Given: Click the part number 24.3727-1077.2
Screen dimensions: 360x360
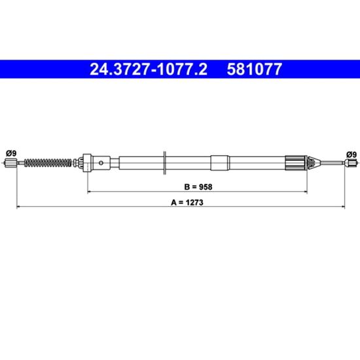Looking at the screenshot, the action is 149,69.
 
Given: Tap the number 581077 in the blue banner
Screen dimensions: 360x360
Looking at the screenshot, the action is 254,69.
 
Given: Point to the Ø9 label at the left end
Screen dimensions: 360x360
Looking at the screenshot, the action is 11,153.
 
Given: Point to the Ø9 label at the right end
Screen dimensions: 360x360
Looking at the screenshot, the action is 351,154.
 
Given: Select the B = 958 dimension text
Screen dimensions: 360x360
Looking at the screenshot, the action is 198,187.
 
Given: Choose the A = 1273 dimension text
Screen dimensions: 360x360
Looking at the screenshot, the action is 187,202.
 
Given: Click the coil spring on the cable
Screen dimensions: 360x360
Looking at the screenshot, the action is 48,163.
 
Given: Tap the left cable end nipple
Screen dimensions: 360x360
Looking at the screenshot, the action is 10,163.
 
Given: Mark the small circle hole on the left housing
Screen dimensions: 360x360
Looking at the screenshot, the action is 101,163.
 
